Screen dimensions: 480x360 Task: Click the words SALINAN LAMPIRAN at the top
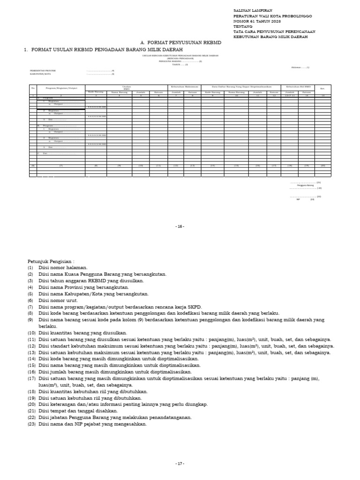click(252, 10)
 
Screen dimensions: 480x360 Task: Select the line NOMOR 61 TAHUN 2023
click(257, 21)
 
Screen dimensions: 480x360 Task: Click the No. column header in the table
click(33, 88)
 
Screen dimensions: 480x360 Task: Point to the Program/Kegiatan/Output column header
click(61, 88)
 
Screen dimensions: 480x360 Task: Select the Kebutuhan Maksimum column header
click(184, 87)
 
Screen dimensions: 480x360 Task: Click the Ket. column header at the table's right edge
click(322, 88)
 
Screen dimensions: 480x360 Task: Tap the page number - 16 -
click(180, 226)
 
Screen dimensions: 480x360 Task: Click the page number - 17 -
click(180, 464)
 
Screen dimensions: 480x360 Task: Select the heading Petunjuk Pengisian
click(51, 261)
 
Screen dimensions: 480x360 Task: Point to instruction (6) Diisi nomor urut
click(59, 300)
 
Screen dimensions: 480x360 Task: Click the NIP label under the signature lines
click(298, 199)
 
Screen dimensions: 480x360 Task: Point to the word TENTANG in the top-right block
click(243, 26)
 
